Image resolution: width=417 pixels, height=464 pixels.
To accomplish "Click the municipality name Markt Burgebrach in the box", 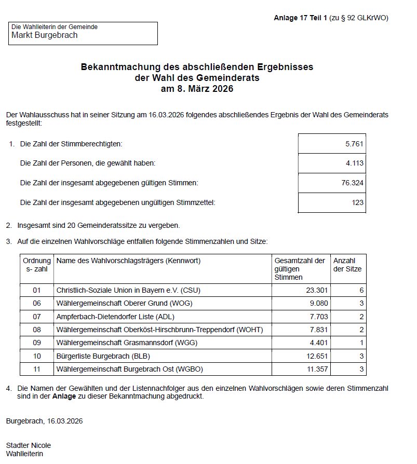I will (x=44, y=35).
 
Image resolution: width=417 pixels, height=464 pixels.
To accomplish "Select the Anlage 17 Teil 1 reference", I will (x=301, y=18).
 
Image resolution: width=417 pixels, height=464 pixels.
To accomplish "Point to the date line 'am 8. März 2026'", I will (x=197, y=89).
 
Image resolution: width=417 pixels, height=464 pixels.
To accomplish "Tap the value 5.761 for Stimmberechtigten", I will (x=354, y=143).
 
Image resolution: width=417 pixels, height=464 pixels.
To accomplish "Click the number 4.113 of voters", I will (x=354, y=163).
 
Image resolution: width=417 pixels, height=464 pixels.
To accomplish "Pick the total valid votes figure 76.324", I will (x=353, y=183).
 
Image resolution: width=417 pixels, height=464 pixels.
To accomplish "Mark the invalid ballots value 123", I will (x=357, y=202).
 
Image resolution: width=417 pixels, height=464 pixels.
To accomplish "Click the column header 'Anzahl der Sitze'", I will (x=347, y=265).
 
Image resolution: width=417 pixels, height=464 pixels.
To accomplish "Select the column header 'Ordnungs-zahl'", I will (x=37, y=265).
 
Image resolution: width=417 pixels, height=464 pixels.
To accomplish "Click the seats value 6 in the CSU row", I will (x=361, y=290).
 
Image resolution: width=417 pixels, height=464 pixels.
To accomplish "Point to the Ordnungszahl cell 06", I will (x=36, y=303).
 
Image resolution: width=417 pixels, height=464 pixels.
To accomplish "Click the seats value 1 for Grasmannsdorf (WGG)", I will (x=361, y=343).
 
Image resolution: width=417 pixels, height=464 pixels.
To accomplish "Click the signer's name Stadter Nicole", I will (x=29, y=445).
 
